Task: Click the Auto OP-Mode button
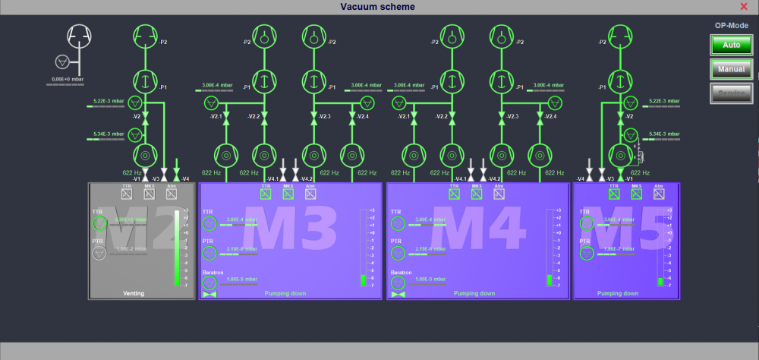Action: pos(731,45)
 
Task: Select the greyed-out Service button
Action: pos(731,93)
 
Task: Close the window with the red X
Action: pos(744,7)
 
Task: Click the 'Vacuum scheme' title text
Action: pos(378,7)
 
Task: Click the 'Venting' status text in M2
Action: pos(133,293)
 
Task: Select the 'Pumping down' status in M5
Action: pos(617,293)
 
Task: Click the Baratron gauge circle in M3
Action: pos(209,283)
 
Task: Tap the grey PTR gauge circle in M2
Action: pos(99,253)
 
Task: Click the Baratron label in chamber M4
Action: pos(402,272)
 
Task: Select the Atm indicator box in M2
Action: pos(172,194)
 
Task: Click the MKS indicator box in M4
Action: pos(477,194)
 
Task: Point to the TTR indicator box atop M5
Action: pos(615,194)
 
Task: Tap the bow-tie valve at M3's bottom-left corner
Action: pos(209,294)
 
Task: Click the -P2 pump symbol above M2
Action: pos(144,35)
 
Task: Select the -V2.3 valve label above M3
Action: pos(324,116)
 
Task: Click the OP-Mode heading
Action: pos(731,25)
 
